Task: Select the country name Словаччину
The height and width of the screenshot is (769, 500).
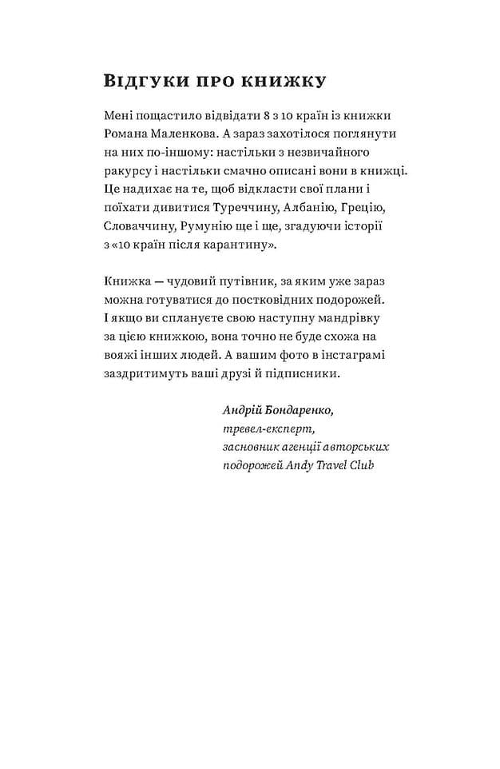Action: coord(139,226)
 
